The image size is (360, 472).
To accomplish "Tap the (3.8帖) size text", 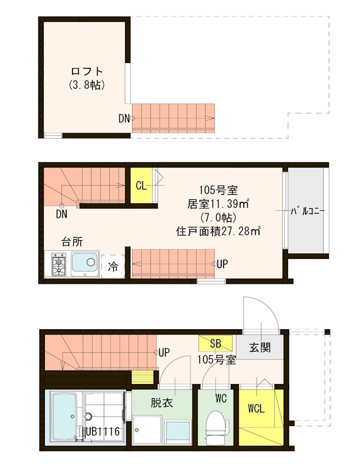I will [86, 85].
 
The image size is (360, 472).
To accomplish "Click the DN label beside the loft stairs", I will [123, 119].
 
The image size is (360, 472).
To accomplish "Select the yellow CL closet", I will [142, 186].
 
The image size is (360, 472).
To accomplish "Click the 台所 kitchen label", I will [72, 241].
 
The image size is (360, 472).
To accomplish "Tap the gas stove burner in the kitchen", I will [59, 264].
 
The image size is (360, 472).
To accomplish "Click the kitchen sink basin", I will [85, 263].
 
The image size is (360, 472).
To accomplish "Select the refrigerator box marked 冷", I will [113, 267].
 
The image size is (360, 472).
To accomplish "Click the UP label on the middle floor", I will [222, 264].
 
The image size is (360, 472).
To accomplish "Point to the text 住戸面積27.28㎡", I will [219, 231].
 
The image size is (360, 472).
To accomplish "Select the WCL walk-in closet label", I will [256, 408].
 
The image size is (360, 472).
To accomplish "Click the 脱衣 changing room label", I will [161, 404].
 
